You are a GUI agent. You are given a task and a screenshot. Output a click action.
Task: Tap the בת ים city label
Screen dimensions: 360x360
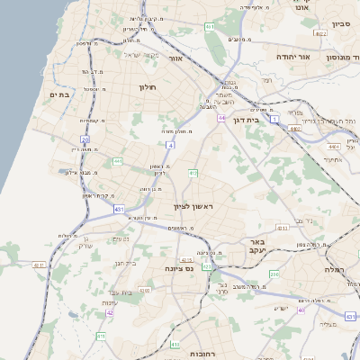click(60, 94)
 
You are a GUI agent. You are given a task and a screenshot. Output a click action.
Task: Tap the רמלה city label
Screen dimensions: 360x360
click(334, 270)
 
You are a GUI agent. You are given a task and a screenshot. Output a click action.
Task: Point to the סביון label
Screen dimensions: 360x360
click(340, 23)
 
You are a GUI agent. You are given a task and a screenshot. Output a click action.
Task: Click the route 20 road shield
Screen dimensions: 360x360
click(85, 139)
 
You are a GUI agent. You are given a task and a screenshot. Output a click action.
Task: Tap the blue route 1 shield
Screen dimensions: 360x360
click(274, 106)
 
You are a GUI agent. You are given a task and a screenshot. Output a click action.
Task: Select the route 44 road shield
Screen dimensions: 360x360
click(220, 117)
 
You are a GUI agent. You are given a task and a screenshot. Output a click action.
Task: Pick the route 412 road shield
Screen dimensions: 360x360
click(192, 172)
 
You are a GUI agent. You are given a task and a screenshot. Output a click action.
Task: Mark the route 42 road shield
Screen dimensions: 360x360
click(110, 312)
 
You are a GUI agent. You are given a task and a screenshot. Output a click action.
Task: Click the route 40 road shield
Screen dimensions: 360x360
click(302, 310)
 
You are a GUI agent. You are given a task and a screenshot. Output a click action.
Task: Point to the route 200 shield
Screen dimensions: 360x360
click(274, 274)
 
